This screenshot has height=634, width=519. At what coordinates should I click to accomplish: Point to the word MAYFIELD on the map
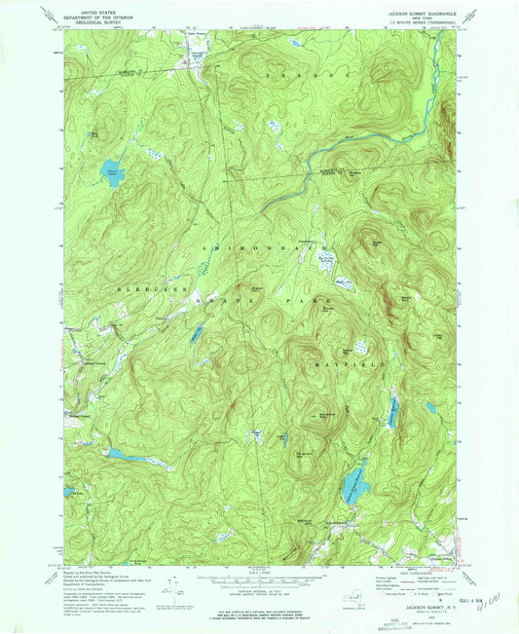pos(354,363)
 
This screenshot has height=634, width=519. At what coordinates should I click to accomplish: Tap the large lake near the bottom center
pos(351,481)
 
